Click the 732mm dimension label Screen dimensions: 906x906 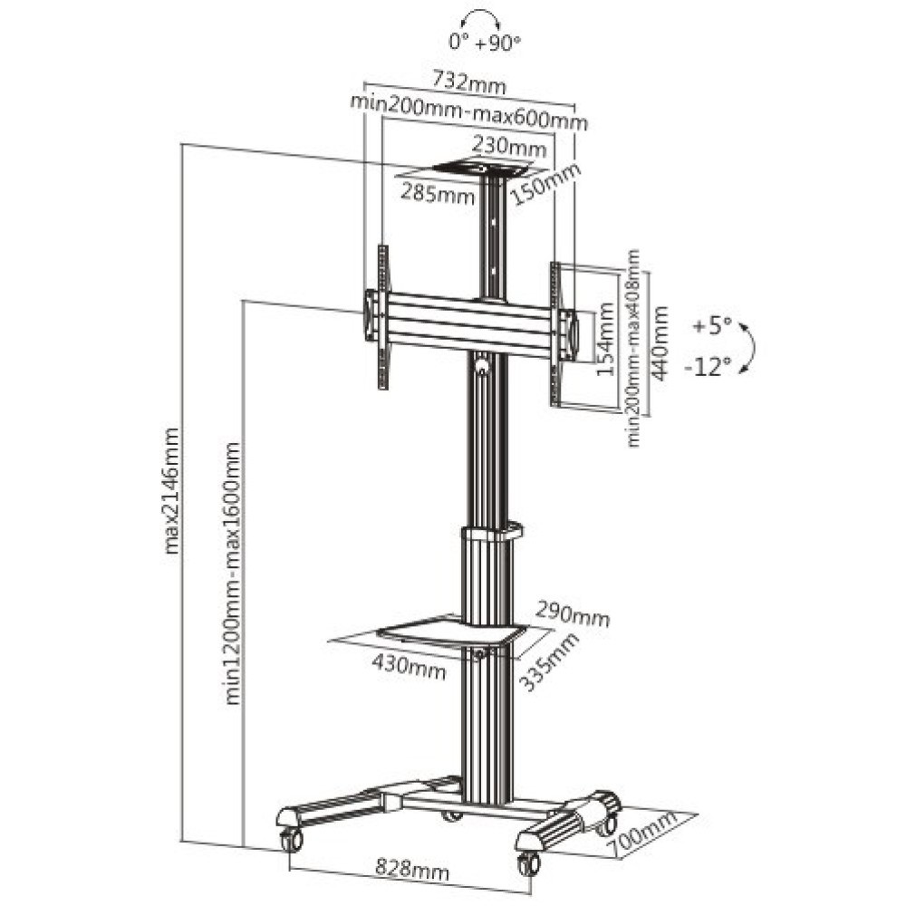click(x=468, y=82)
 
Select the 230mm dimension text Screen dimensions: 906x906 click(x=508, y=147)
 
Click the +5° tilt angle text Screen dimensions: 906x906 click(x=713, y=326)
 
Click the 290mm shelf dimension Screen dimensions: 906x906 click(x=572, y=613)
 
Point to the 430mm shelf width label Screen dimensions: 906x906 click(x=409, y=670)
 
